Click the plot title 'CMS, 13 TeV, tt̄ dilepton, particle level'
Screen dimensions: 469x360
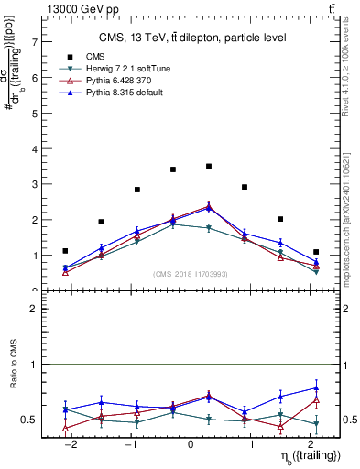191,38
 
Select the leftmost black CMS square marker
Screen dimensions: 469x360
65,250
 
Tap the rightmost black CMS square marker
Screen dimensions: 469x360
316,252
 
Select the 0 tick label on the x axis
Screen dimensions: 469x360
191,445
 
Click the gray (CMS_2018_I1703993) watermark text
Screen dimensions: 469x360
191,274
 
